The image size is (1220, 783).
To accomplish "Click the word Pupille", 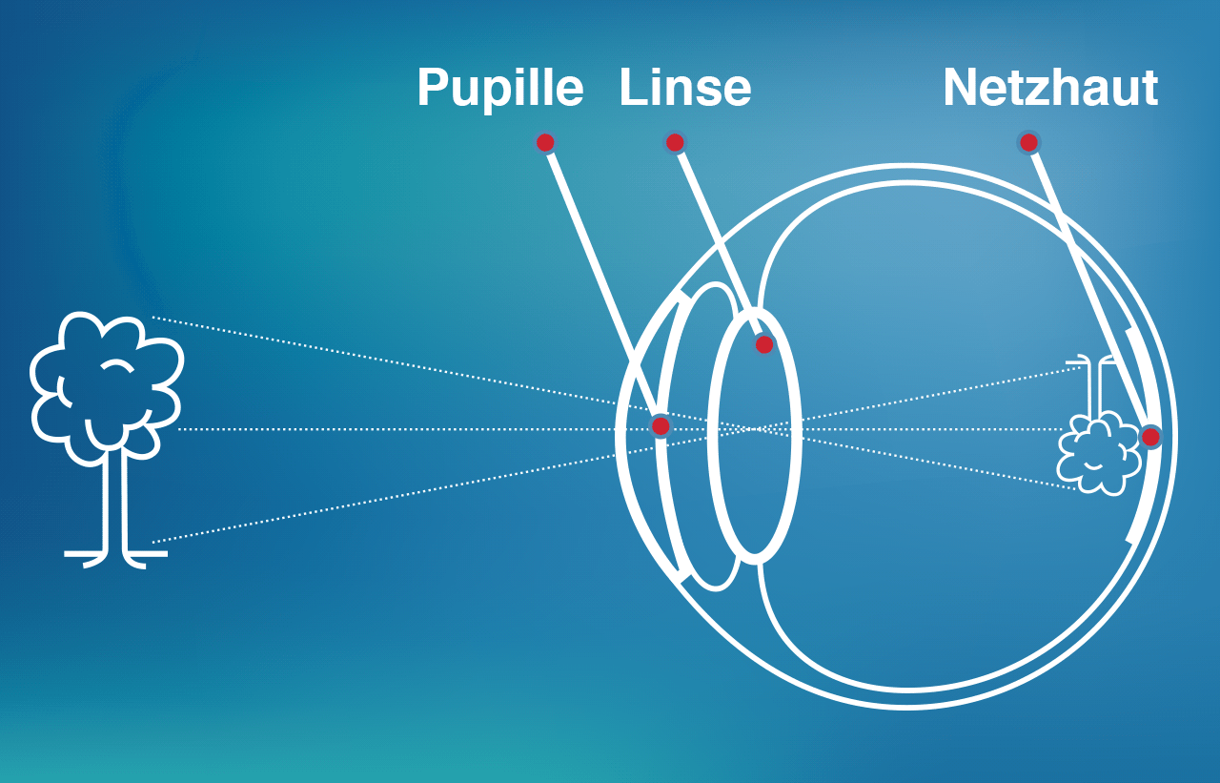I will pyautogui.click(x=499, y=89).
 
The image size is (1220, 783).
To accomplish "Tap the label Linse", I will pyautogui.click(x=684, y=88).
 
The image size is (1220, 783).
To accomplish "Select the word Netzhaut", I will pyautogui.click(x=1049, y=88).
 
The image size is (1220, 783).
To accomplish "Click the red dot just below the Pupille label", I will pyautogui.click(x=545, y=143).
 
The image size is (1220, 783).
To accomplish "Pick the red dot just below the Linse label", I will pyautogui.click(x=675, y=143).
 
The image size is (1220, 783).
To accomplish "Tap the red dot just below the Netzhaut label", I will pyautogui.click(x=1028, y=143).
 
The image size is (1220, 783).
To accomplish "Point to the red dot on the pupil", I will pyautogui.click(x=661, y=425).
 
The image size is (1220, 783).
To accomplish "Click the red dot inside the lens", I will pyautogui.click(x=764, y=344).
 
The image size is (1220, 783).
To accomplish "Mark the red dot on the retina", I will pyautogui.click(x=1150, y=437).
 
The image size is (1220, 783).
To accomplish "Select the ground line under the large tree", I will pyautogui.click(x=115, y=553).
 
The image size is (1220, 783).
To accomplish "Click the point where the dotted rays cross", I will pyautogui.click(x=753, y=429).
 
